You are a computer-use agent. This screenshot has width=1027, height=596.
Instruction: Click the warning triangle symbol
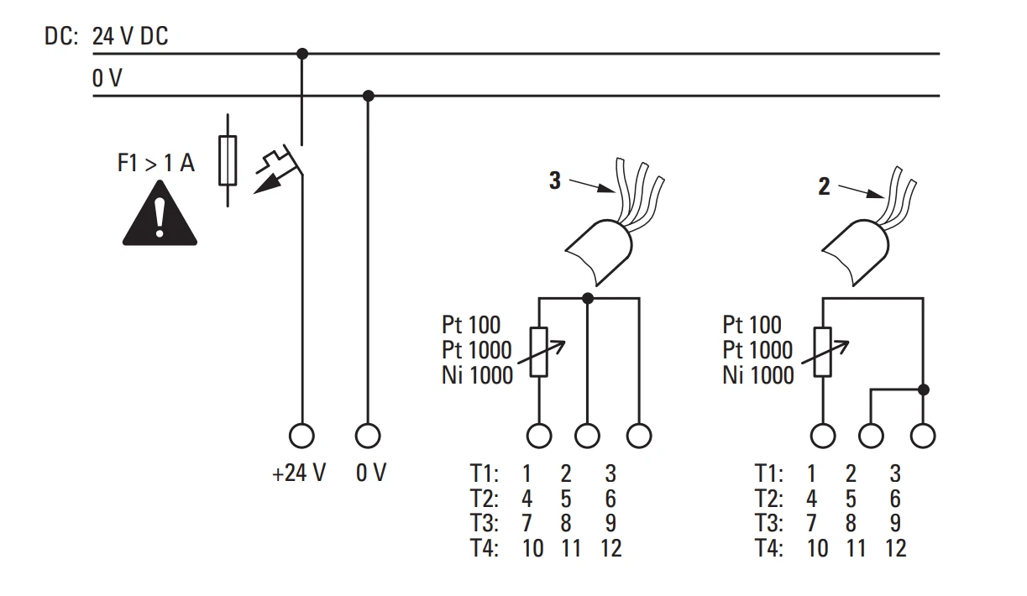(160, 215)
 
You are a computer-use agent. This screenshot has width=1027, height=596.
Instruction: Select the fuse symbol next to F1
(228, 160)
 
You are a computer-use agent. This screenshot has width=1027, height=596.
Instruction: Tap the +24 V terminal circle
(301, 436)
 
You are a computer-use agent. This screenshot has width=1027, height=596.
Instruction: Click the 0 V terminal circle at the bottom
(368, 436)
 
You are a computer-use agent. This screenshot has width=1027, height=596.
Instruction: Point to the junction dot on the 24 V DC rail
(301, 54)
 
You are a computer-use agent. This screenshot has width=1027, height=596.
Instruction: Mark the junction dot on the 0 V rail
(368, 96)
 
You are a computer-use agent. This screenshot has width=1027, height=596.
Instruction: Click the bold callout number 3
(555, 180)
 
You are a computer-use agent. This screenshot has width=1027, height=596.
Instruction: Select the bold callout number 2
(824, 186)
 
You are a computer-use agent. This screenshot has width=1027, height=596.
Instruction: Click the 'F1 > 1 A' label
(156, 163)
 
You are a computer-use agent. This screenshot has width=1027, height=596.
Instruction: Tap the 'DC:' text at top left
(61, 36)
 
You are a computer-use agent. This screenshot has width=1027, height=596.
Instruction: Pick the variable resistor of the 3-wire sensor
(539, 352)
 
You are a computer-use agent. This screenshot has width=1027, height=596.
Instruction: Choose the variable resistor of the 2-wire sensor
(824, 352)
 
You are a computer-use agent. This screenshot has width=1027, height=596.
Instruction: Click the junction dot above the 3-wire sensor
(588, 299)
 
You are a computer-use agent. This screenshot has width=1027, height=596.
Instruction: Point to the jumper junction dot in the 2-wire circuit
(924, 389)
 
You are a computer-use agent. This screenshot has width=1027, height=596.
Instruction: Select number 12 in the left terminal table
(611, 548)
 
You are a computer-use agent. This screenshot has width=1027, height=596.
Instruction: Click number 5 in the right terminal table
(851, 499)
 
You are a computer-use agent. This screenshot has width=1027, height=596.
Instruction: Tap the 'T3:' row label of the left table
(485, 523)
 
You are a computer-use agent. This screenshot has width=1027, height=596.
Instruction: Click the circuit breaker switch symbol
(280, 169)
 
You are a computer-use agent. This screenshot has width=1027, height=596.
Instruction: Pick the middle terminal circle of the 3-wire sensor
(587, 436)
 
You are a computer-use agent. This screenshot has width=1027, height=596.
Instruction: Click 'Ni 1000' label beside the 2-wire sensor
(758, 375)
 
